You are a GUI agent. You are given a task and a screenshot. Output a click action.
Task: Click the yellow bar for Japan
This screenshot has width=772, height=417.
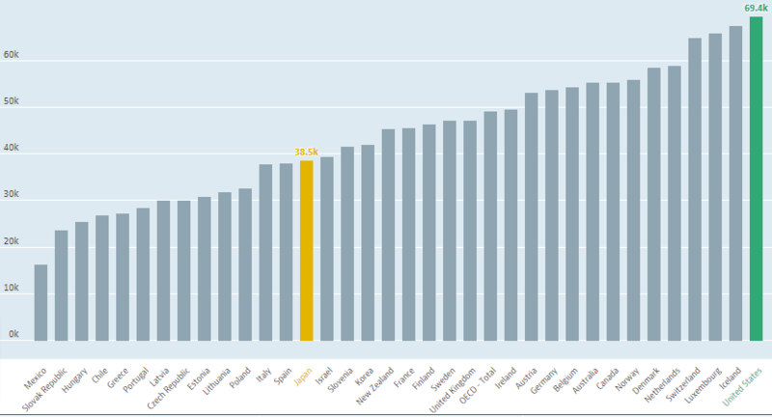pos(306,251)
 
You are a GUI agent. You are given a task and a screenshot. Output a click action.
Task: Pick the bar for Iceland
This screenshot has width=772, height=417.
pos(735,183)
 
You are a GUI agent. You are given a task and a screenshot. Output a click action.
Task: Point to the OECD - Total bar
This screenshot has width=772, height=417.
pos(490,226)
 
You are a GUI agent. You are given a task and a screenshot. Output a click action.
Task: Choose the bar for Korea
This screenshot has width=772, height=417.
pos(368,242)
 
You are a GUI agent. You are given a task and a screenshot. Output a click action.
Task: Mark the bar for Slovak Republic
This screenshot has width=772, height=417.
pos(61,285)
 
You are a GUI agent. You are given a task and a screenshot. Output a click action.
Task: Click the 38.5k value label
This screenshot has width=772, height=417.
pos(306,152)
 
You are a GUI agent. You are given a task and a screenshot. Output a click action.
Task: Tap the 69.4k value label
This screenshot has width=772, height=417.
pos(756,8)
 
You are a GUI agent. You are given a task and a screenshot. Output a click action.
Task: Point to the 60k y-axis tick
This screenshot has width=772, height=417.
pos(12,56)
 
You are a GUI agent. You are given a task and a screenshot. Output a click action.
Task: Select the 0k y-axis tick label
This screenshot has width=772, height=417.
pos(14,333)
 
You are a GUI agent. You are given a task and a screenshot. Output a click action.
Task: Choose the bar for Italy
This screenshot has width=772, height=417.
pos(265,252)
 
